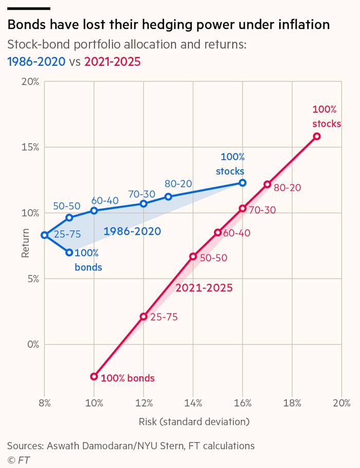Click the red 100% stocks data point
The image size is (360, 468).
pos(317,136)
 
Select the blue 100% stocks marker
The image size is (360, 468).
pos(242,183)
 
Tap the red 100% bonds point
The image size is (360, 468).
pos(94,376)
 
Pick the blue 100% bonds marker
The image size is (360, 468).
pos(69,253)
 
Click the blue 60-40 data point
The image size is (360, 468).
pos(94,211)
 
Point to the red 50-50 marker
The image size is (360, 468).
pos(193,257)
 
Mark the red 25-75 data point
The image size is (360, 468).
pos(143,316)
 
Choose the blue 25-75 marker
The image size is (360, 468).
pos(44,235)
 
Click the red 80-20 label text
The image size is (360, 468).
pos(287,188)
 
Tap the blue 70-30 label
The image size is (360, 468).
pos(141,194)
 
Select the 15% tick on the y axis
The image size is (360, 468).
pos(30,147)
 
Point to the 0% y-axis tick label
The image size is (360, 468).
pos(33,345)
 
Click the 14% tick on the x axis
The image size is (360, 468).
pos(193,403)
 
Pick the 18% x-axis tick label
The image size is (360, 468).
pos(292,403)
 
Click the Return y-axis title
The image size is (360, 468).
pos(25,243)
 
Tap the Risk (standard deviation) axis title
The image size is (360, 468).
pos(194,422)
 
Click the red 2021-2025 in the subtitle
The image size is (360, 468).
pos(112,62)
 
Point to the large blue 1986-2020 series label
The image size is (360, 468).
pos(132,231)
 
